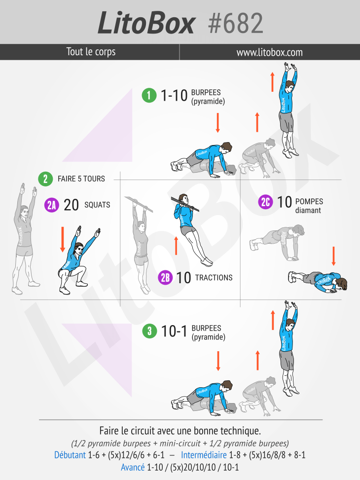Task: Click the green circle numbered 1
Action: click(x=149, y=95)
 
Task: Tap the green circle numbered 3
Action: click(x=149, y=331)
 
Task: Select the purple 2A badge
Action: click(x=51, y=205)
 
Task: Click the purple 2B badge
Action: click(x=165, y=278)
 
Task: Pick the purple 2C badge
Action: click(x=265, y=202)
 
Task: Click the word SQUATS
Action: click(x=97, y=205)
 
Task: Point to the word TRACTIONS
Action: click(x=214, y=278)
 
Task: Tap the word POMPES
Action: click(x=309, y=201)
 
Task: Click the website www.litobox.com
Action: click(x=269, y=52)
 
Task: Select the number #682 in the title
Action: click(x=235, y=23)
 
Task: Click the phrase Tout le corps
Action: click(x=91, y=52)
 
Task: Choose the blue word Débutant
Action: click(x=70, y=455)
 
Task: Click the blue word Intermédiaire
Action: click(x=204, y=455)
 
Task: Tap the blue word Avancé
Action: click(x=133, y=468)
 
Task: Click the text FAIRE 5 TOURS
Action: click(x=81, y=179)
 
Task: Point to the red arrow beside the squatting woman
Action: click(x=63, y=239)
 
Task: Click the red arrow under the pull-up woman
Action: click(x=176, y=246)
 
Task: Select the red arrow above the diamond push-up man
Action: click(x=333, y=256)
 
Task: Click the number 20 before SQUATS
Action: click(x=71, y=205)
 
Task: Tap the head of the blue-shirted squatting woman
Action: click(x=79, y=249)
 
